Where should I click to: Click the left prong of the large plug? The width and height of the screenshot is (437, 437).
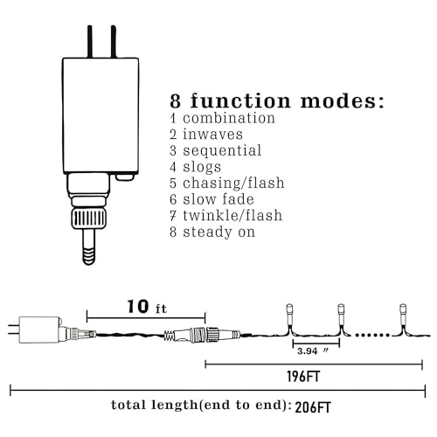coord(90,42)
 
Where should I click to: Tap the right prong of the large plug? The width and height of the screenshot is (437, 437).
coord(114,42)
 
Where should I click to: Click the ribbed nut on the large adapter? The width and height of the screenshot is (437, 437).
coord(88,218)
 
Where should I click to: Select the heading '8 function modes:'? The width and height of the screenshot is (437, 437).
coord(277,101)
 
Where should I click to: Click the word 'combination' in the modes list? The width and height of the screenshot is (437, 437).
coord(229,118)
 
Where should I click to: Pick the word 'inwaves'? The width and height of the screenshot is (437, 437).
coord(212,135)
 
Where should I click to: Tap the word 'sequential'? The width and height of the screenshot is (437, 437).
coord(222,150)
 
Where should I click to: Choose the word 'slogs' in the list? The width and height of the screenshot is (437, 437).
coord(202,167)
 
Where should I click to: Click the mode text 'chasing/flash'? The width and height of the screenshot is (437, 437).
coord(233,184)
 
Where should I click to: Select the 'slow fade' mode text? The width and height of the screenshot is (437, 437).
coord(218,199)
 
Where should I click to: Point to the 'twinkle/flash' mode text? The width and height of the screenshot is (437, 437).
coord(232,216)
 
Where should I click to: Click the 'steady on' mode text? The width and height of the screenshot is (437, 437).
coord(219,232)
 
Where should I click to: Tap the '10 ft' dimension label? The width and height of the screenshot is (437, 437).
coord(147,307)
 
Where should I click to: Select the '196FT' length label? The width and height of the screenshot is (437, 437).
coord(303,377)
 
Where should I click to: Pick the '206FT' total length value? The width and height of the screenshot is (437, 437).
coord(313,407)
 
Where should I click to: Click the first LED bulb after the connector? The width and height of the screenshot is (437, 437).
coord(289,314)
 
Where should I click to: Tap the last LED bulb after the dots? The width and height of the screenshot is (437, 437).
coord(403,314)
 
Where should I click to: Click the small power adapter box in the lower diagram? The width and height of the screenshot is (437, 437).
coord(39,329)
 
